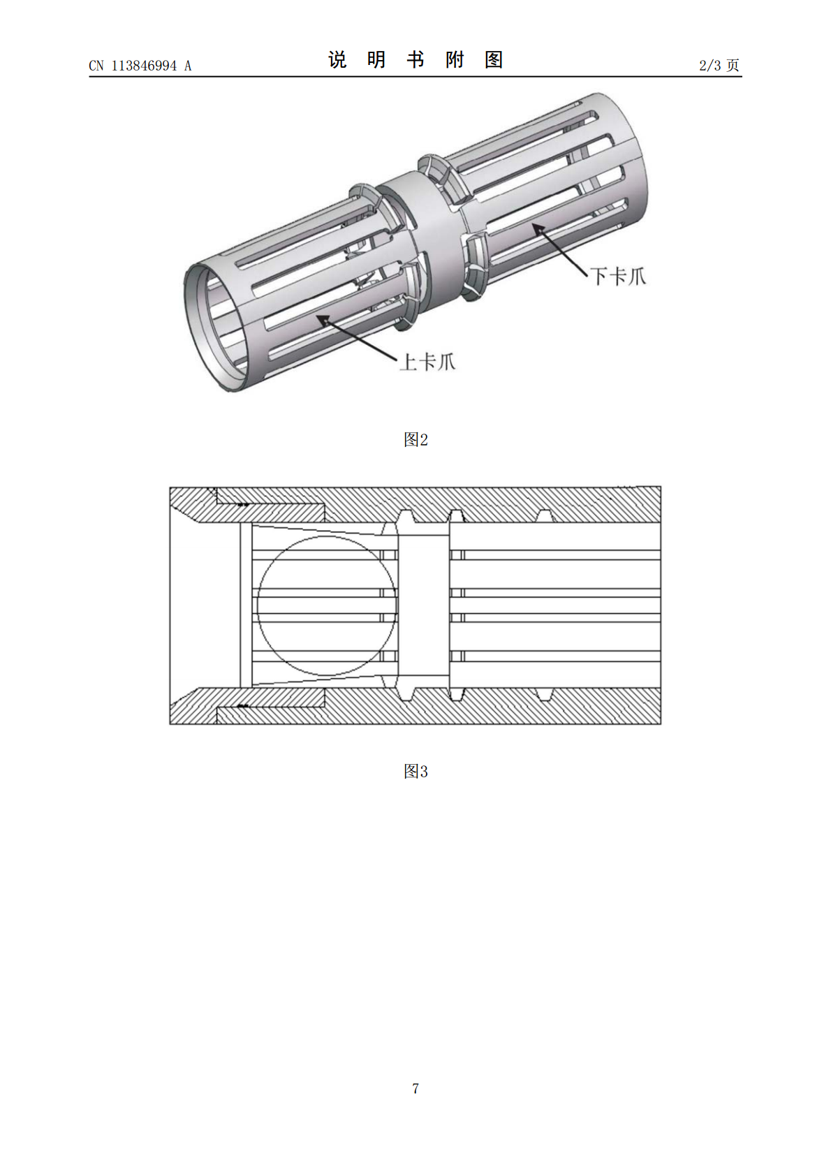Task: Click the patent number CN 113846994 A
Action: [140, 66]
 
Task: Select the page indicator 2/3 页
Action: [719, 65]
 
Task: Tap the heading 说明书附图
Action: [415, 60]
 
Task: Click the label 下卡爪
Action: [618, 276]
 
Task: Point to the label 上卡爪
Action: [427, 362]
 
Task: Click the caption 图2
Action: [415, 439]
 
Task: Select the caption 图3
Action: [415, 771]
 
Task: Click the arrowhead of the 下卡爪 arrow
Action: [538, 229]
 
